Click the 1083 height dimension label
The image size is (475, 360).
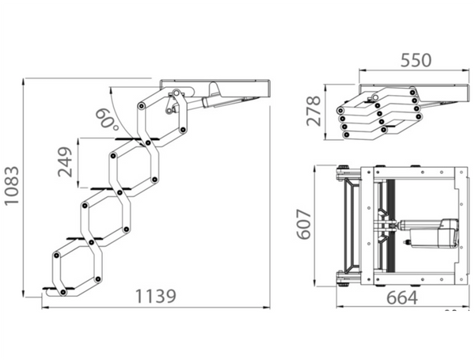[x=12, y=186]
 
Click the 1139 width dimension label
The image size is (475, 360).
[x=155, y=296]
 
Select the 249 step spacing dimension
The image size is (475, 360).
[x=65, y=162]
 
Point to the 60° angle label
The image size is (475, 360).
[x=107, y=120]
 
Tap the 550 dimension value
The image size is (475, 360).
[x=416, y=60]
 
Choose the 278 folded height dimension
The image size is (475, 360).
[x=313, y=111]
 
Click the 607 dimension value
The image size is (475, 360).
[x=304, y=224]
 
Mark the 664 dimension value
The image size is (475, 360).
[x=402, y=297]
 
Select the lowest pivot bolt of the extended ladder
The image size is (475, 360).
[x=63, y=292]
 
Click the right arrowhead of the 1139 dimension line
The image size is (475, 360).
[x=266, y=307]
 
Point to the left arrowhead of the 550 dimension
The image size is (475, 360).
[x=363, y=70]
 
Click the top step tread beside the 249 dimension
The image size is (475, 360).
[x=137, y=139]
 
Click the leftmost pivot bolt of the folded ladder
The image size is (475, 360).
[x=341, y=110]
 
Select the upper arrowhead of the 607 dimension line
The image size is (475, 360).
[x=315, y=169]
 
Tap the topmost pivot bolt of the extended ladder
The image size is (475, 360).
[x=175, y=92]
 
